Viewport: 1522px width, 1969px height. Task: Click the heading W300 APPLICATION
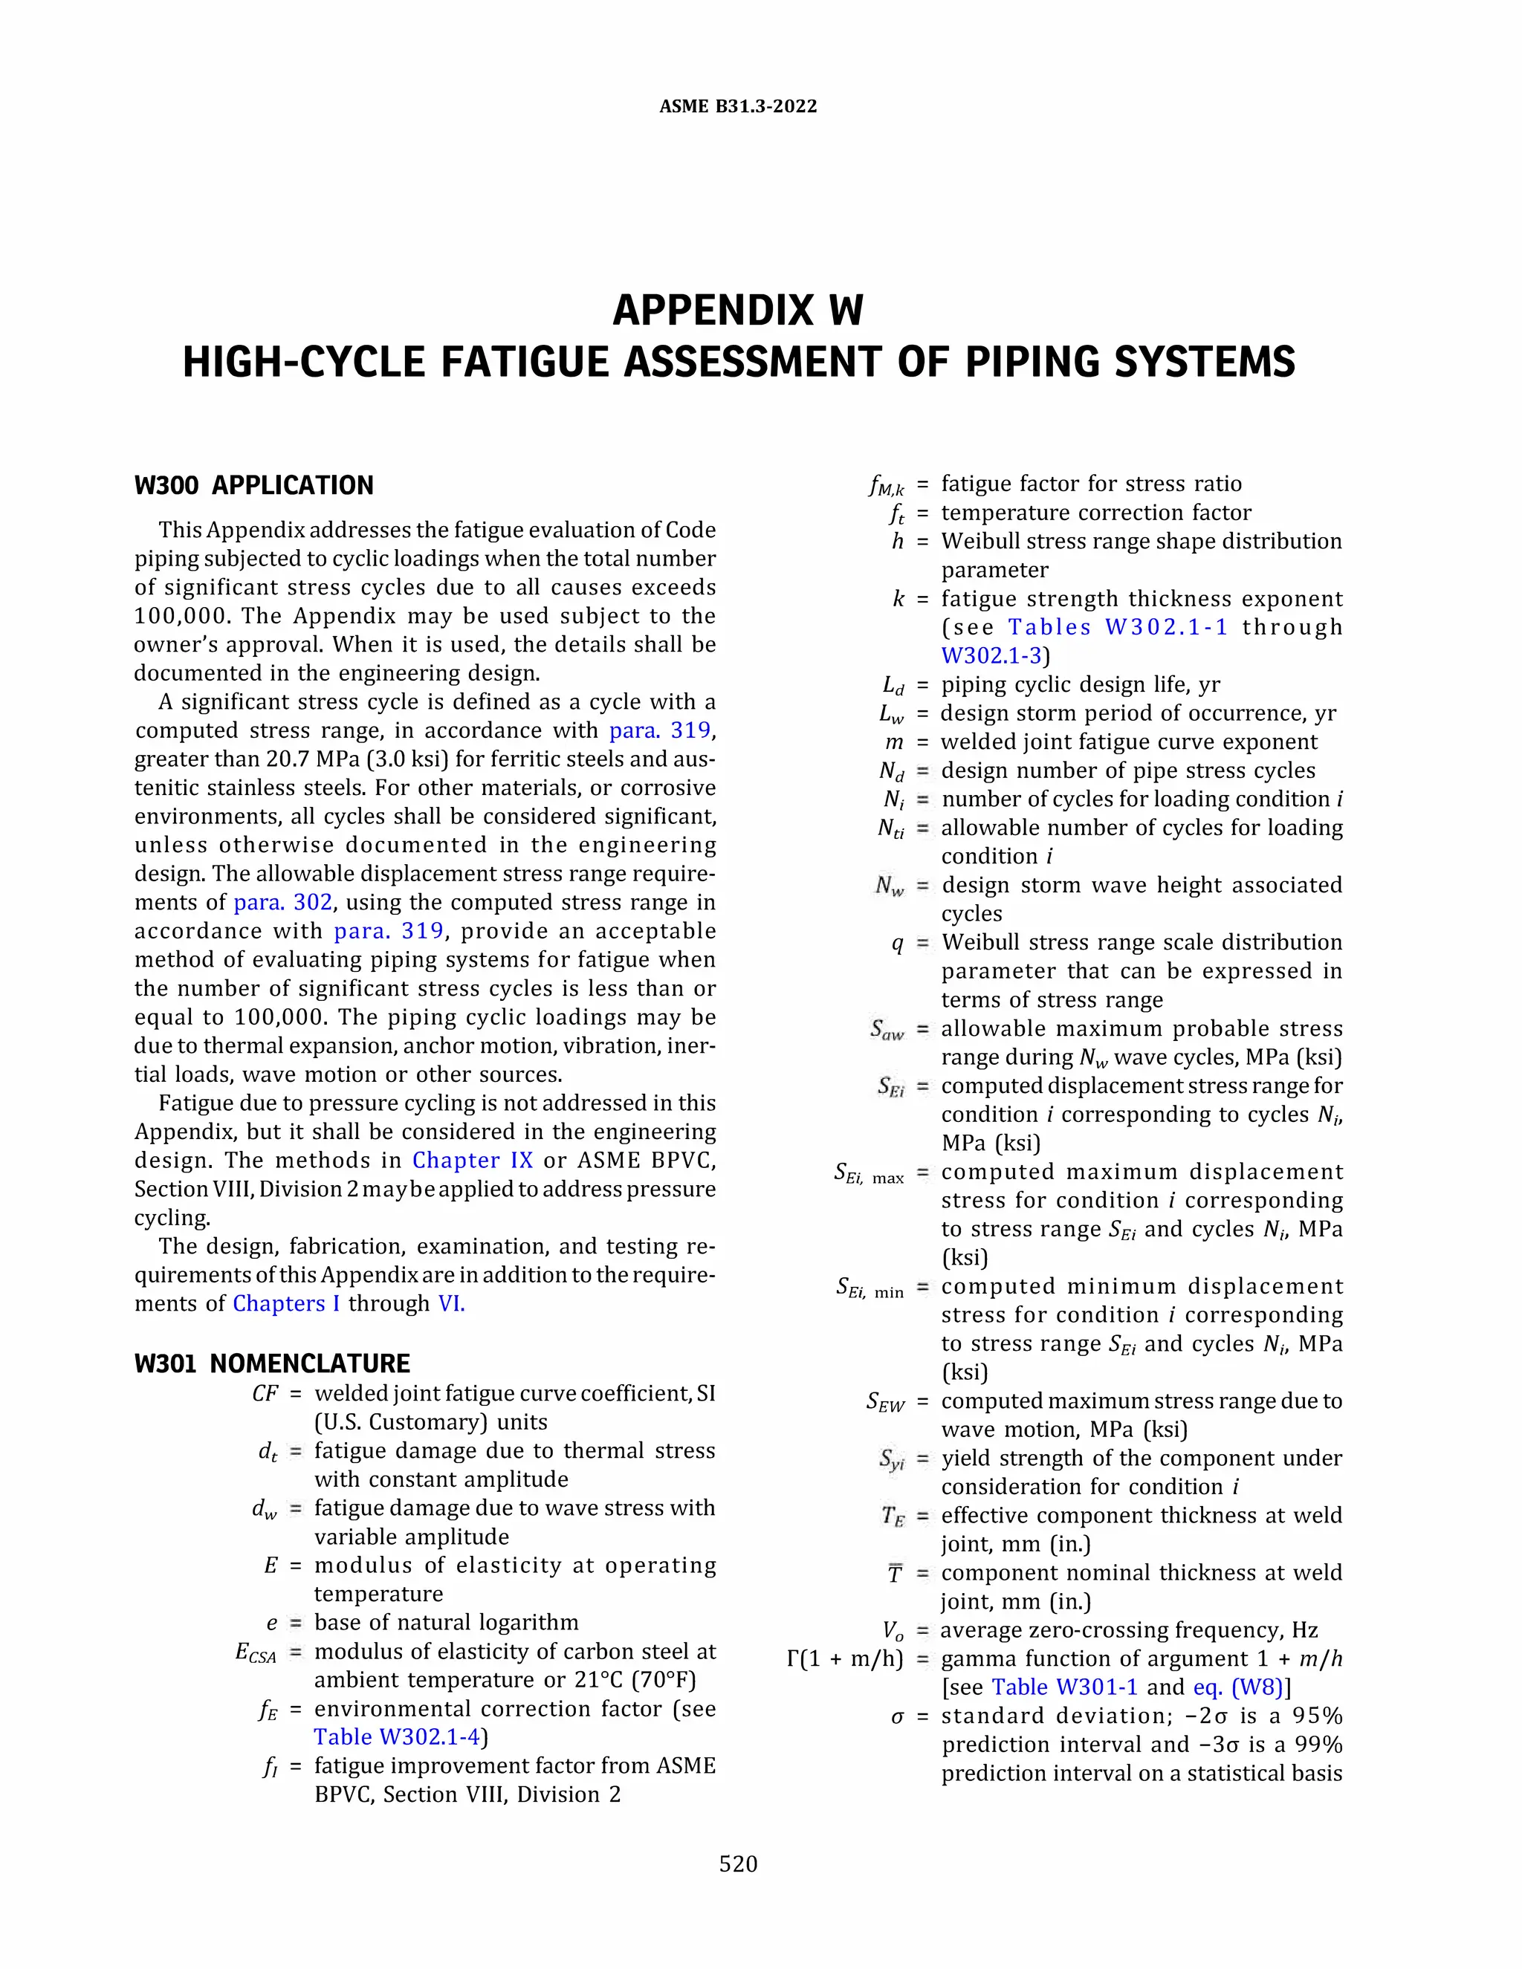pyautogui.click(x=253, y=486)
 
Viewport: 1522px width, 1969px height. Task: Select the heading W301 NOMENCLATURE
pyautogui.click(x=271, y=1363)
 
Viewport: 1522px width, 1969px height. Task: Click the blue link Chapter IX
pyautogui.click(x=473, y=1161)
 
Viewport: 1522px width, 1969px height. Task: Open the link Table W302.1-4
pyautogui.click(x=398, y=1737)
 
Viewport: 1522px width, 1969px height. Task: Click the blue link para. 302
pyautogui.click(x=283, y=903)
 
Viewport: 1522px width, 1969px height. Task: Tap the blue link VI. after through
pyautogui.click(x=451, y=1304)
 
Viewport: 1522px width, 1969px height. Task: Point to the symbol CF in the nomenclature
pyautogui.click(x=265, y=1394)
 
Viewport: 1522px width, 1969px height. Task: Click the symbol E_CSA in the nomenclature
pyautogui.click(x=255, y=1652)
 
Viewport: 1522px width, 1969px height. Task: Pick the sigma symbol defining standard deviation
pyautogui.click(x=896, y=1716)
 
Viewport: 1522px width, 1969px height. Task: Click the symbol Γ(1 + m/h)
pyautogui.click(x=845, y=1659)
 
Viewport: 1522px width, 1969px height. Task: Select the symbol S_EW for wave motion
pyautogui.click(x=884, y=1402)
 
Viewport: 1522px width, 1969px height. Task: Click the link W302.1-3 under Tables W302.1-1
pyautogui.click(x=992, y=655)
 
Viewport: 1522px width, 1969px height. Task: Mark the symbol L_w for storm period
pyautogui.click(x=891, y=714)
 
